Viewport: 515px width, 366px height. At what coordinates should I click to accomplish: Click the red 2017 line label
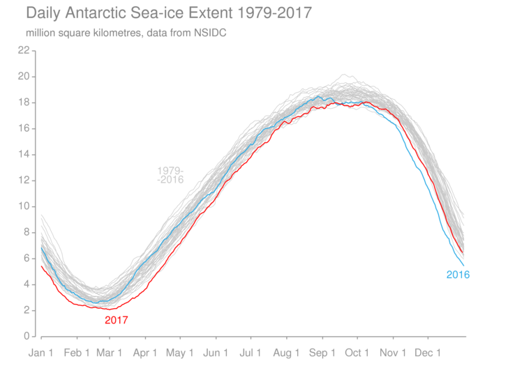(117, 321)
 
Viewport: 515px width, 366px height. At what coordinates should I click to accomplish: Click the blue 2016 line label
(458, 275)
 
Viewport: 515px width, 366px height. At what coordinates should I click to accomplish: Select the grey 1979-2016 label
(170, 175)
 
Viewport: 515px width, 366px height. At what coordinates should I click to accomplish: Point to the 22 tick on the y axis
(24, 50)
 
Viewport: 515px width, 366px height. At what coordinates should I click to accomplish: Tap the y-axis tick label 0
(27, 336)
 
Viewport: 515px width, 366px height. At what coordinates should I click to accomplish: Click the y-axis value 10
(24, 206)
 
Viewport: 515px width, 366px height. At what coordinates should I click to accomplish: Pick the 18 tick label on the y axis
(24, 102)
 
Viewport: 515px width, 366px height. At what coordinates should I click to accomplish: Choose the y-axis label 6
(27, 258)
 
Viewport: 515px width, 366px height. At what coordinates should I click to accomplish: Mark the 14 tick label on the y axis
(24, 154)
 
